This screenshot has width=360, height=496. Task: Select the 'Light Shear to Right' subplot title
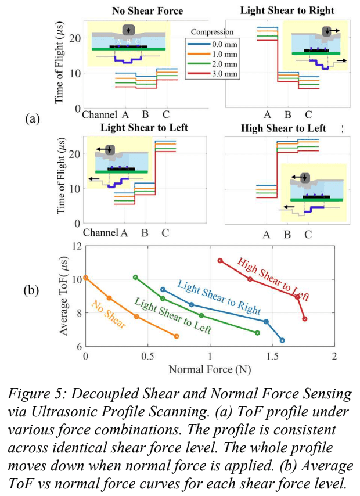pos(287,10)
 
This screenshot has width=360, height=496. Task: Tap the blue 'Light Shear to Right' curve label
pos(218,298)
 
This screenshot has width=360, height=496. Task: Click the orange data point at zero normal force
pos(86,278)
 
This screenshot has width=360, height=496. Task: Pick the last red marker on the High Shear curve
pos(305,318)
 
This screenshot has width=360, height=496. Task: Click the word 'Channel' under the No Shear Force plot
pos(100,114)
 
